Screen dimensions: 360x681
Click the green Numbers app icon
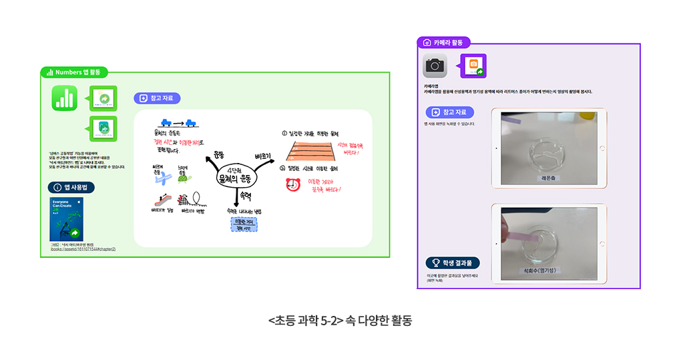coord(65,98)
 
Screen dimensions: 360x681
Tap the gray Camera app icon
coord(435,65)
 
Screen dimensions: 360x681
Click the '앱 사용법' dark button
coord(71,188)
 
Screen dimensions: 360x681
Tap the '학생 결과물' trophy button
coord(453,262)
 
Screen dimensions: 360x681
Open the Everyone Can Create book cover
coord(66,219)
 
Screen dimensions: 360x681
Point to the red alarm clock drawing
coord(292,184)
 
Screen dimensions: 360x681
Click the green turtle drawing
coord(184,177)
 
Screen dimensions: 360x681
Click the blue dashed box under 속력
coord(240,224)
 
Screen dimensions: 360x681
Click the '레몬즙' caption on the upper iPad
coord(549,178)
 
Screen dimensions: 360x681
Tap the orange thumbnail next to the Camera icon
coord(473,66)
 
